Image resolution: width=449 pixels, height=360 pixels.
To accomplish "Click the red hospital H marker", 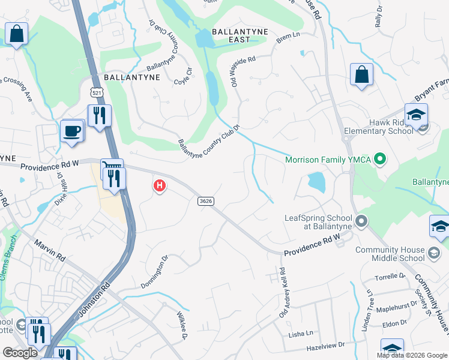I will point(159,186).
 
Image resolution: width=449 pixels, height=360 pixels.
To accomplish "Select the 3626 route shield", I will point(205,201).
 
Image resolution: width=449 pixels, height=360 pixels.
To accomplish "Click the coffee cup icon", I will point(72,131).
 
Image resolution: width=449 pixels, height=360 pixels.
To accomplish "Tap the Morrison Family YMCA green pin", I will point(379,160).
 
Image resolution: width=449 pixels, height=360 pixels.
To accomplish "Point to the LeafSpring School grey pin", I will point(361,221).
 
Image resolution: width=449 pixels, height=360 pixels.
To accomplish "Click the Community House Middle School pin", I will point(432,254).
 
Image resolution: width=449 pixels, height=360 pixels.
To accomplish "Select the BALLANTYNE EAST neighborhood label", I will point(231,35).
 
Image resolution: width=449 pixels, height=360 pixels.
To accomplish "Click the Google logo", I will point(20,353).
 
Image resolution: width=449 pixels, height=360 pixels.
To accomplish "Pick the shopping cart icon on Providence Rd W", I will point(112,165).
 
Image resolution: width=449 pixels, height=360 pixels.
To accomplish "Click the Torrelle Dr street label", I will point(390,277).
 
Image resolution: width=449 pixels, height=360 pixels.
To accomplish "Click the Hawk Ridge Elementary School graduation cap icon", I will point(416,115).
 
